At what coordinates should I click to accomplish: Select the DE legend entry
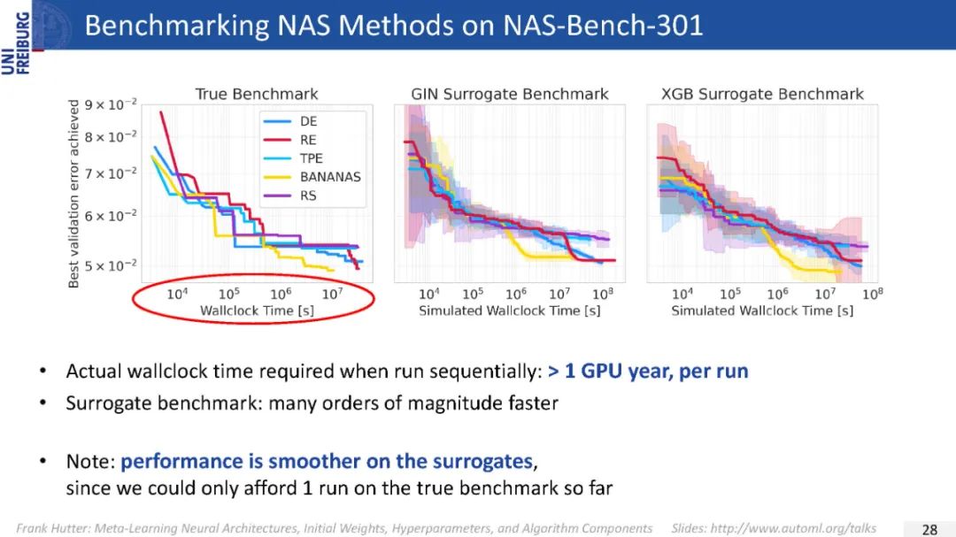pyautogui.click(x=308, y=121)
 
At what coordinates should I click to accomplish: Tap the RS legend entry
pyautogui.click(x=308, y=196)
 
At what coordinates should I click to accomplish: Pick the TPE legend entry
pyautogui.click(x=311, y=158)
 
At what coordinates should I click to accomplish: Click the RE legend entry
pyautogui.click(x=307, y=140)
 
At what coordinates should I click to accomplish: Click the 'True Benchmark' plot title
pyautogui.click(x=256, y=94)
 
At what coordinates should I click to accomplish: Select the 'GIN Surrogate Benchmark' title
pyautogui.click(x=509, y=94)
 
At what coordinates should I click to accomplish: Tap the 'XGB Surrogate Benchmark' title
pyautogui.click(x=762, y=94)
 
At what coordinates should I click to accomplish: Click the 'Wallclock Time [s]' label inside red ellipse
pyautogui.click(x=256, y=311)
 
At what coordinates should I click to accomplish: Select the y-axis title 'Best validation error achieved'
pyautogui.click(x=74, y=193)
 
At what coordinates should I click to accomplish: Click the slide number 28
pyautogui.click(x=929, y=529)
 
